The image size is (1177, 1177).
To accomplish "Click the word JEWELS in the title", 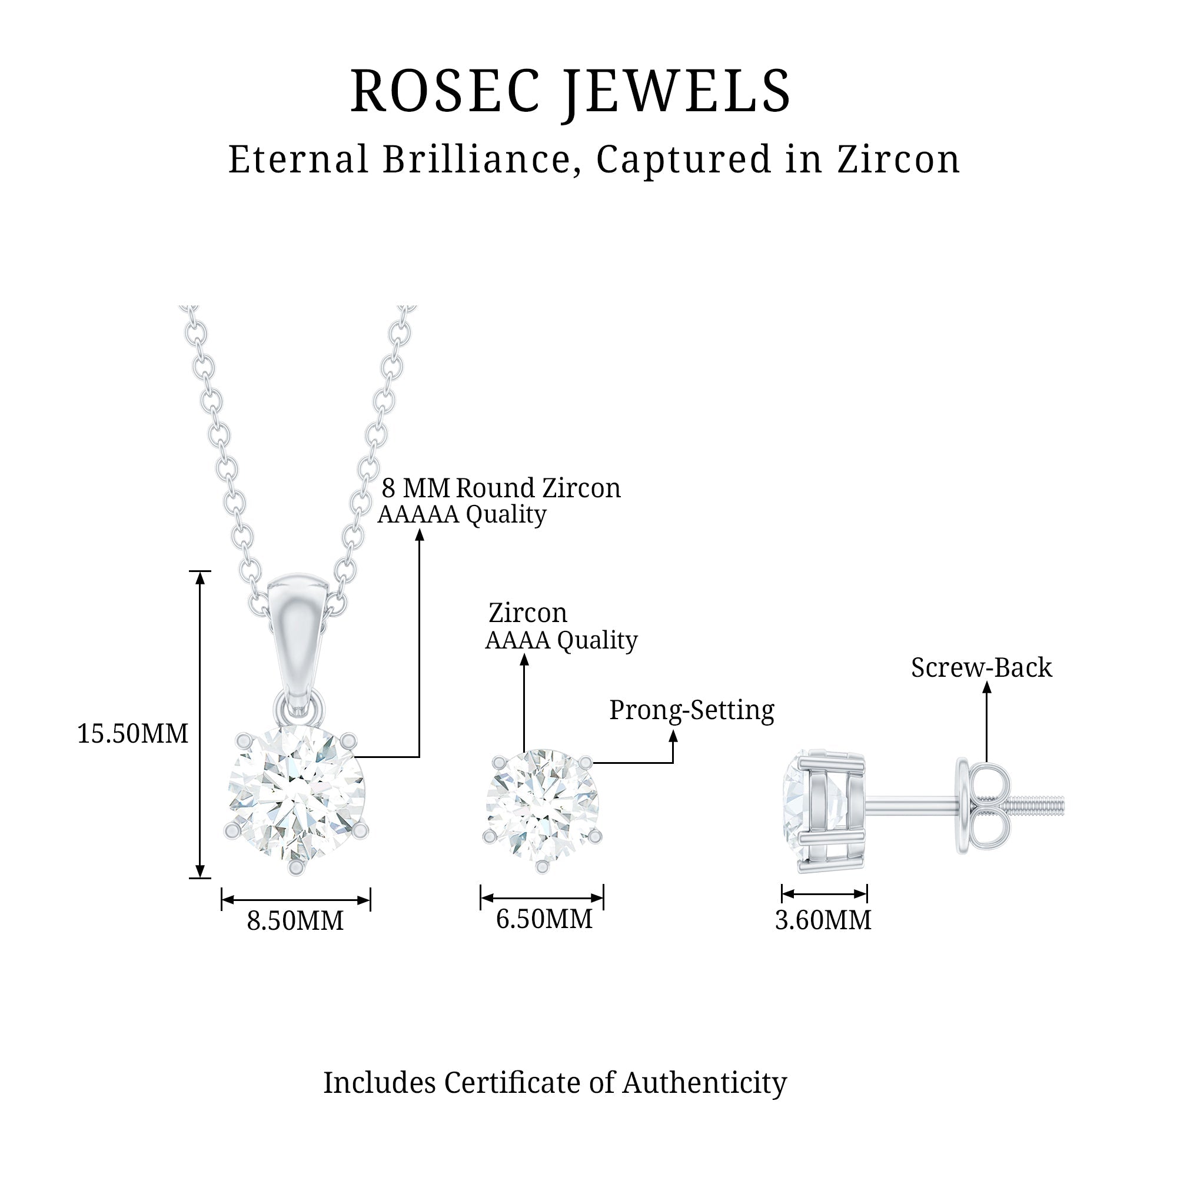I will click(676, 92).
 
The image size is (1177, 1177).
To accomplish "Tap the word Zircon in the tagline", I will click(898, 159).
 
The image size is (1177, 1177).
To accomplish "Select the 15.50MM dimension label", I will click(132, 733).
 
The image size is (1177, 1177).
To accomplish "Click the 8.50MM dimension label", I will click(295, 920).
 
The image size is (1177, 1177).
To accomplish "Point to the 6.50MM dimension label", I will click(543, 919).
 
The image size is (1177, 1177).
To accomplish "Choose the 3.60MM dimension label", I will click(823, 920).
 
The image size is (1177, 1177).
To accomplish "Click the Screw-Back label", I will click(981, 668).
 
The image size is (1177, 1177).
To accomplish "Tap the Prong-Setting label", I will click(691, 710).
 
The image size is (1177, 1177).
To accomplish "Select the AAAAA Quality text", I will click(462, 515).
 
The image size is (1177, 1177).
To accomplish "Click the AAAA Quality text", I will click(560, 640).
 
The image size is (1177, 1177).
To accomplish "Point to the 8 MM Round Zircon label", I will click(501, 488).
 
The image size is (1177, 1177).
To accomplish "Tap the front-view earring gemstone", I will click(542, 803).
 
